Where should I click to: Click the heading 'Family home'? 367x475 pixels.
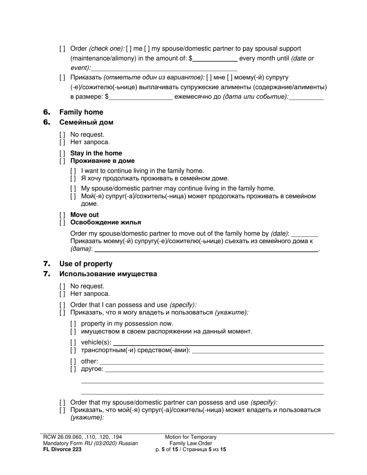point(81,112)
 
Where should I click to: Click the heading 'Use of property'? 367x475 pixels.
point(86,264)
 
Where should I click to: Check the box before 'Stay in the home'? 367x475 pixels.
point(62,153)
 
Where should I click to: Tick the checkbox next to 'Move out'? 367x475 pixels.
point(62,215)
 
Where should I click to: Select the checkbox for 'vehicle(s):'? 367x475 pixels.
point(73,343)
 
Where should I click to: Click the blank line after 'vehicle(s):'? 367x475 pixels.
point(218,343)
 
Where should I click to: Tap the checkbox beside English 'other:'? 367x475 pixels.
point(73,362)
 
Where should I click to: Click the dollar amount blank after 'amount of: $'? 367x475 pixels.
point(215,59)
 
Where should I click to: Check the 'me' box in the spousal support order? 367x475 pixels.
point(129,49)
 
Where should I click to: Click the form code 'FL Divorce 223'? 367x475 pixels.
point(62,449)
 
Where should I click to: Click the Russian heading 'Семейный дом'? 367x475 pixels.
point(86,122)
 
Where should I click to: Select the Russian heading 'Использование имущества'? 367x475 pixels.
point(108,274)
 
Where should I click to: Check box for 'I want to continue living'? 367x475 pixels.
point(73,171)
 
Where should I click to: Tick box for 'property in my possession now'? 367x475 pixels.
point(73,324)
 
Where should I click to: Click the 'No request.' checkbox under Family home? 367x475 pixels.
point(62,135)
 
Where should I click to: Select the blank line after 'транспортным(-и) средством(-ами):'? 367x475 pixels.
point(258,351)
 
